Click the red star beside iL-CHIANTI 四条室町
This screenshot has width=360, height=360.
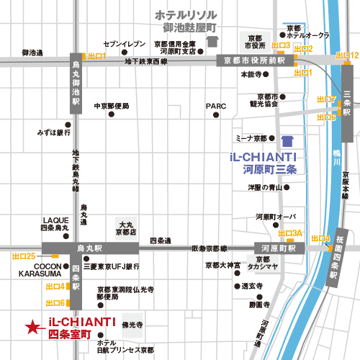pos(31,328)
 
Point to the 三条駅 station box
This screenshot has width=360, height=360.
pos(347,103)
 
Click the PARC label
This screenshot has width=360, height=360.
pos(216,106)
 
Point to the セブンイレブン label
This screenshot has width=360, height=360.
pos(120,43)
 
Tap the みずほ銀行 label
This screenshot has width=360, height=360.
pos(54,132)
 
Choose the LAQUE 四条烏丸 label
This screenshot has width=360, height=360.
pos(55,224)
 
